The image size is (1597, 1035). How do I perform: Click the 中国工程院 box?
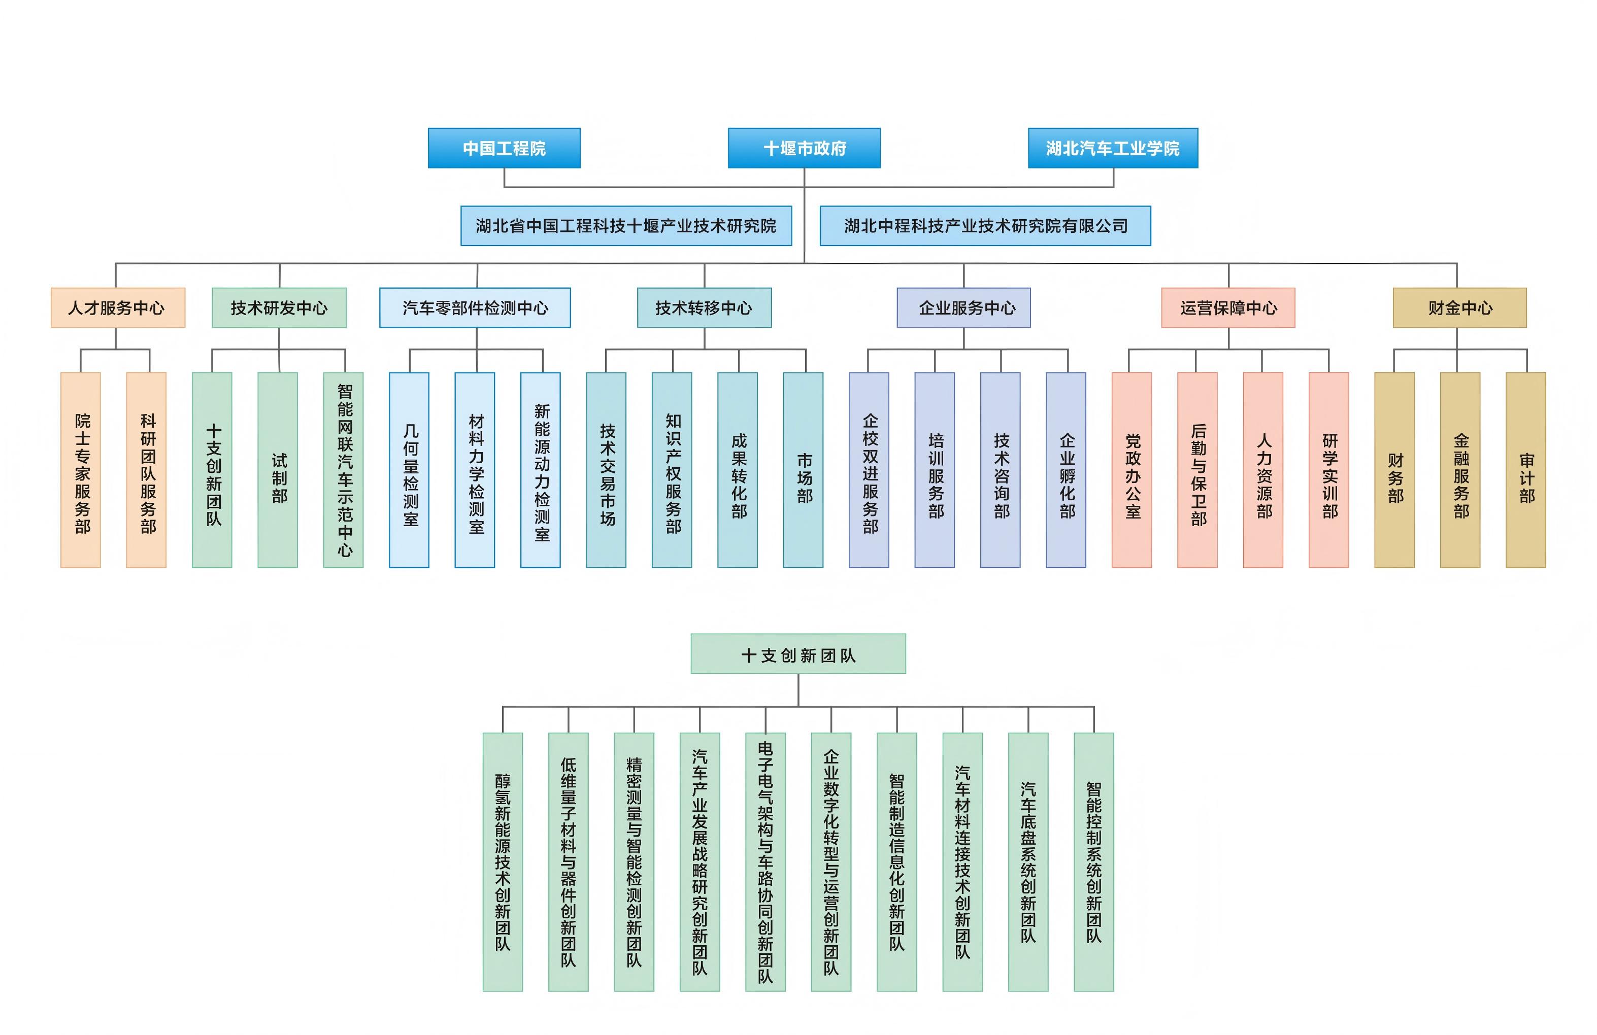[504, 148]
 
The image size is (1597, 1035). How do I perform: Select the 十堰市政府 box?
[804, 148]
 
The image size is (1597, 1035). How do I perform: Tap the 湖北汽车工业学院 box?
[1113, 148]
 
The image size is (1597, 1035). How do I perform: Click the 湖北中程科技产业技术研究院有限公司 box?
[985, 226]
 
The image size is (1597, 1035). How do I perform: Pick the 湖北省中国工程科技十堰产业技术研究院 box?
[626, 226]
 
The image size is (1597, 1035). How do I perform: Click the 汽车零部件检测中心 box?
[475, 308]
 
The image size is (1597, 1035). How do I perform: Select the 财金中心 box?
[1459, 308]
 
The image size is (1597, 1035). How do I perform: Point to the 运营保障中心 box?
[1228, 308]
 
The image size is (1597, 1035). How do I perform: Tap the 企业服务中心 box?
[963, 308]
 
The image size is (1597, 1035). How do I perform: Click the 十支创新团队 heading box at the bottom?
[798, 654]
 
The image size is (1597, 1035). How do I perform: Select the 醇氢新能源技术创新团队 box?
[503, 862]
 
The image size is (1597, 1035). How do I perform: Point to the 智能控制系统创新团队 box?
[1094, 862]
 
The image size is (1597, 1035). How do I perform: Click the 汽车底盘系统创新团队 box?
[1028, 862]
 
